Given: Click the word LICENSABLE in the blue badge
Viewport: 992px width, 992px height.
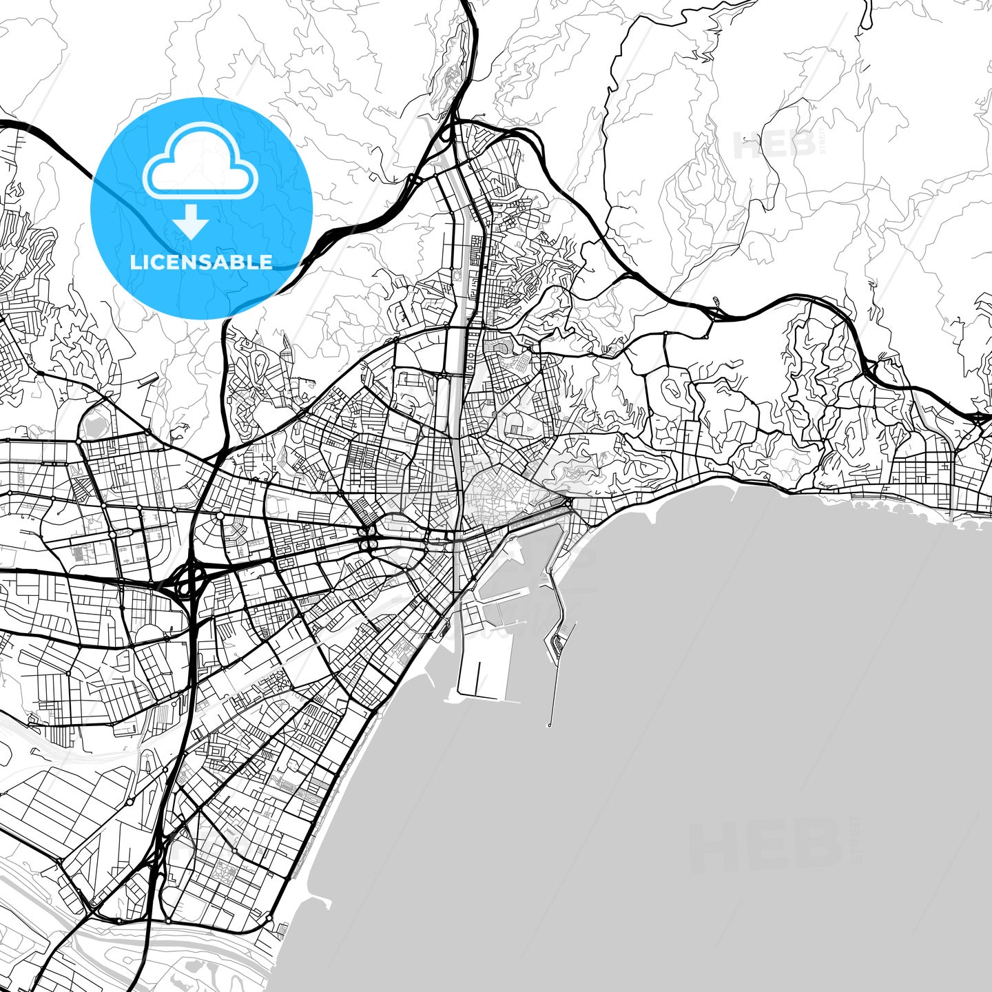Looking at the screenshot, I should pyautogui.click(x=201, y=262).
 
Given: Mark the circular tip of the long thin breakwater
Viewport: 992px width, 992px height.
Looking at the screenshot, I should pyautogui.click(x=549, y=725).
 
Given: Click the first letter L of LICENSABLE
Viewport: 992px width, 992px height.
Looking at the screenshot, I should pyautogui.click(x=134, y=262).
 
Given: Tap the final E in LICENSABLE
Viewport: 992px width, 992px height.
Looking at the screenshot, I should pyautogui.click(x=266, y=262).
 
